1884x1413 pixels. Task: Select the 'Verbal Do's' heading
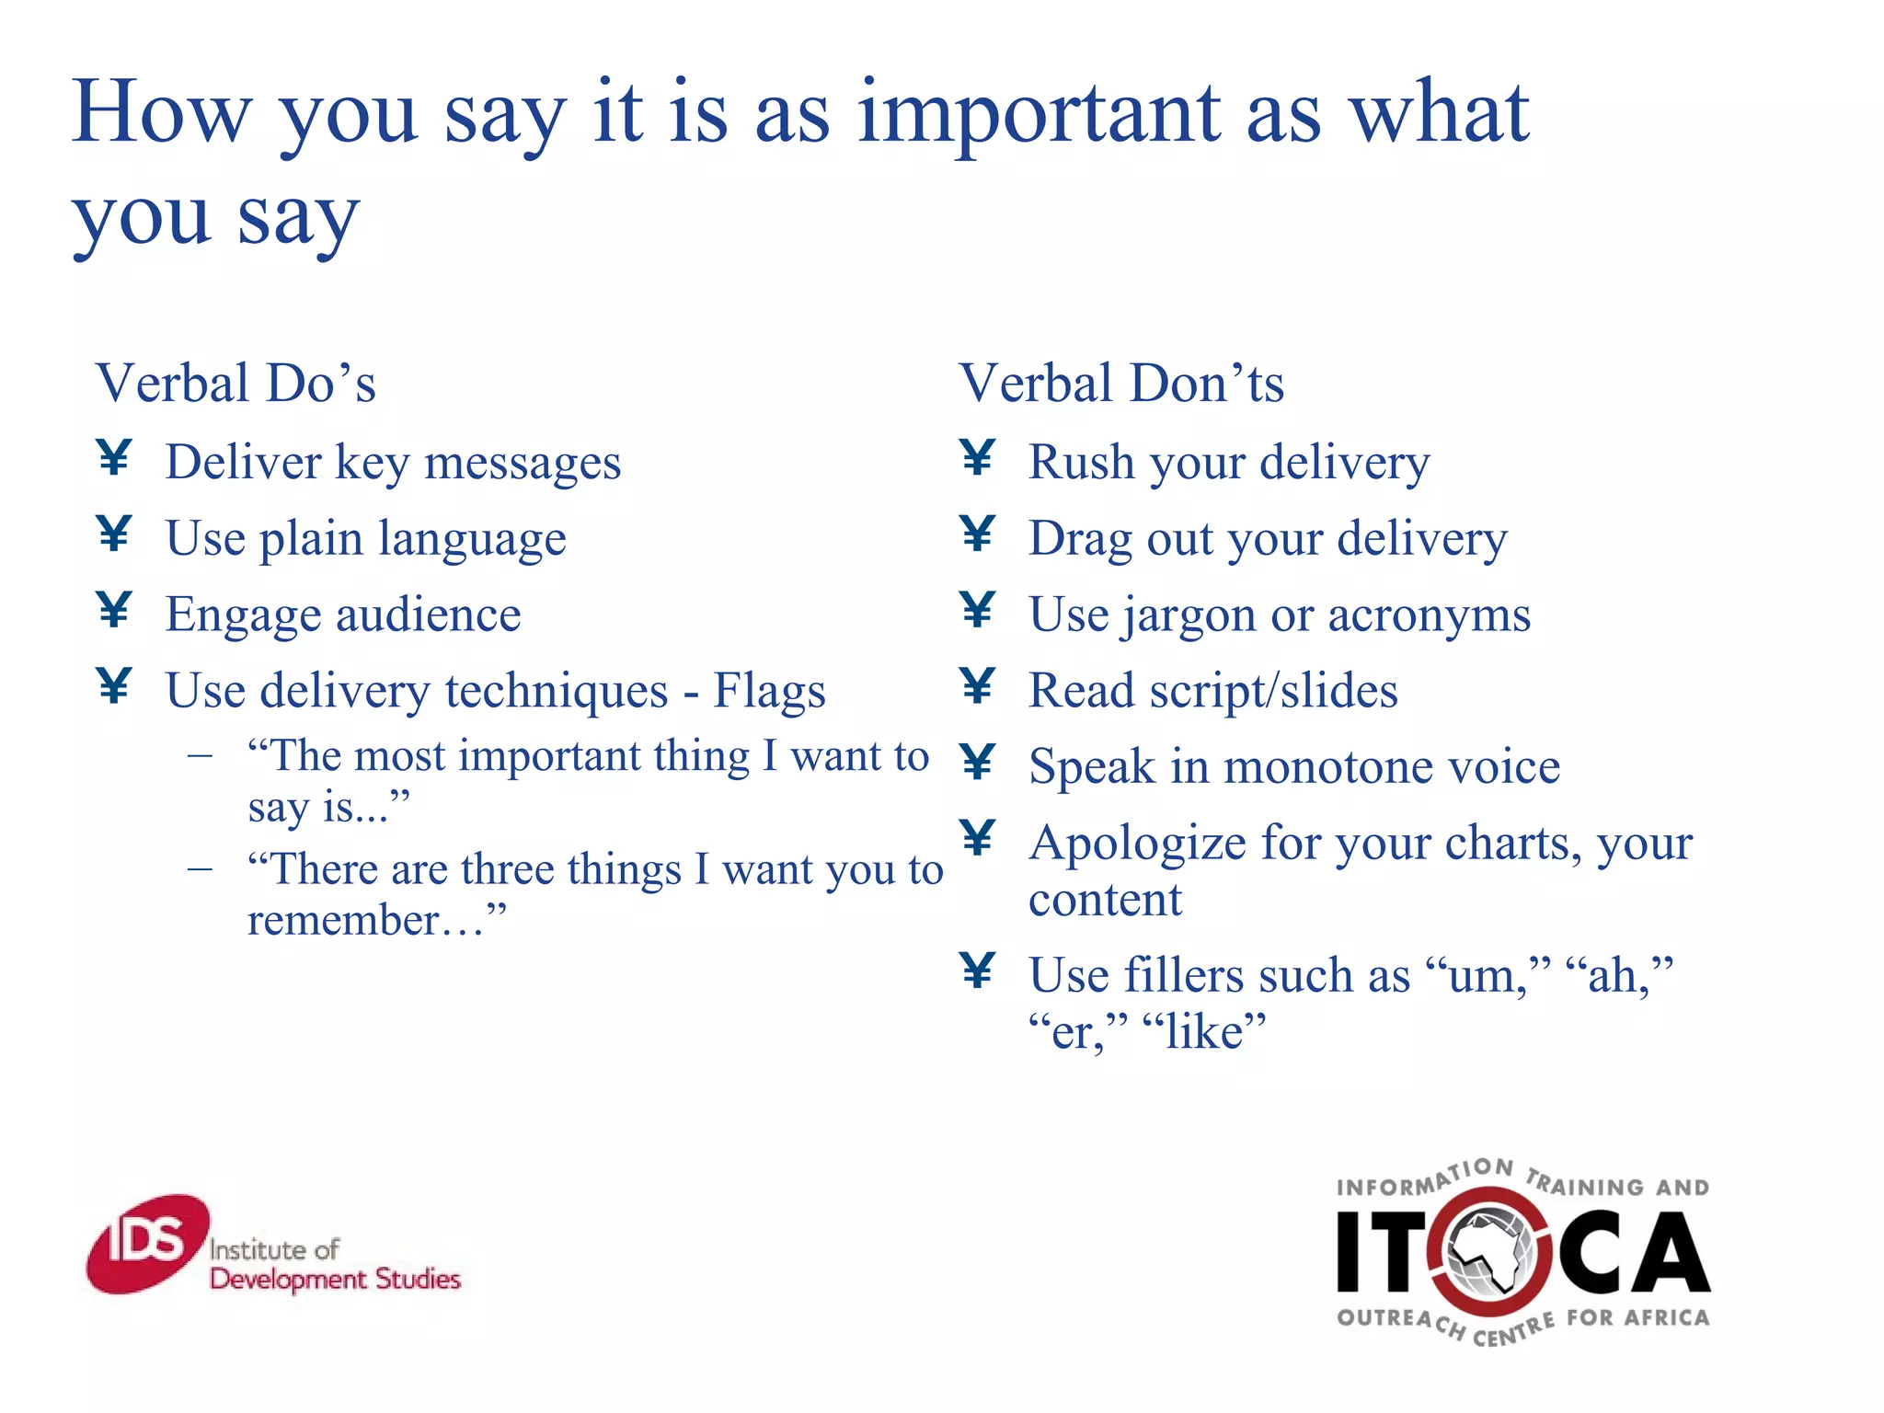click(x=235, y=384)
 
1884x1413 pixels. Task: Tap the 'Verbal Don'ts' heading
click(x=1120, y=384)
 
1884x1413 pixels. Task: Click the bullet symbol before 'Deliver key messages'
click(x=114, y=457)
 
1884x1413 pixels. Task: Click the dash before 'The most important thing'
click(x=200, y=757)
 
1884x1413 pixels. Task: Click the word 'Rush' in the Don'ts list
click(x=1081, y=462)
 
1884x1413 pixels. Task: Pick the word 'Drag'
click(x=1080, y=539)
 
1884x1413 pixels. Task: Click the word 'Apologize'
click(x=1136, y=844)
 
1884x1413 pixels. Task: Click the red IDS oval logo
click(x=147, y=1244)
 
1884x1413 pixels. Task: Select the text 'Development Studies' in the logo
click(x=335, y=1280)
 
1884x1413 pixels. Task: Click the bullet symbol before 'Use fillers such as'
click(x=977, y=971)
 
